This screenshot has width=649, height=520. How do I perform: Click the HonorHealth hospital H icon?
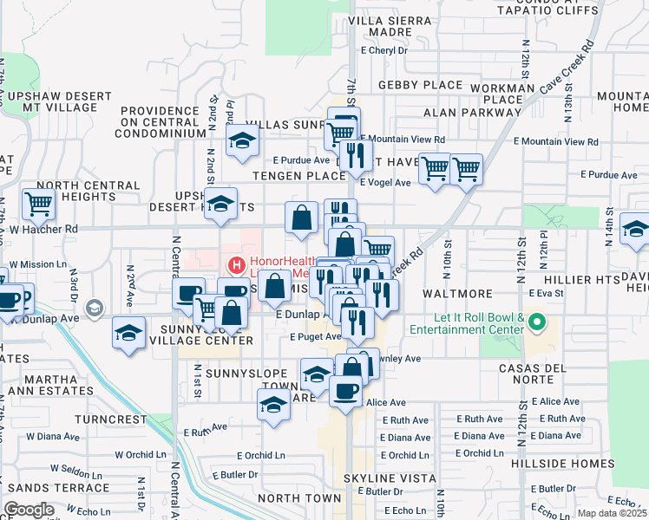[233, 264]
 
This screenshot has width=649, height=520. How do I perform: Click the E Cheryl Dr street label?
[383, 51]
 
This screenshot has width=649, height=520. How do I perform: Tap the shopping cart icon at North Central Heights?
[39, 205]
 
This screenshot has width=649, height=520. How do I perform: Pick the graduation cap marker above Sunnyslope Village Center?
[128, 333]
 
